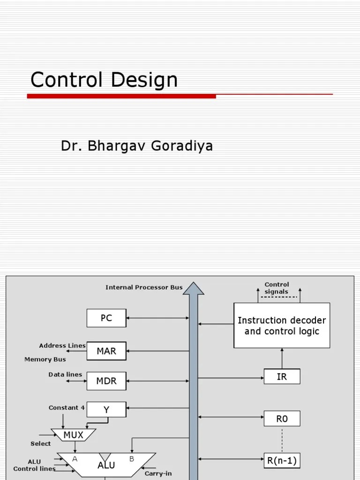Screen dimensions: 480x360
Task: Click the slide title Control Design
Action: (x=104, y=80)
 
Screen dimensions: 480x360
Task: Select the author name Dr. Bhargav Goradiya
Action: (x=136, y=146)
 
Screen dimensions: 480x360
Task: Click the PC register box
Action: (x=106, y=318)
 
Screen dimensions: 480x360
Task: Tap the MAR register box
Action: (x=106, y=351)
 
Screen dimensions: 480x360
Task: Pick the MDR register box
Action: (x=106, y=381)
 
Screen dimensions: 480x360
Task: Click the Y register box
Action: (x=106, y=410)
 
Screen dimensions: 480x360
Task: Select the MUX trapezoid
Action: (x=73, y=435)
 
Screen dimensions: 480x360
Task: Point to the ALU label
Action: (x=106, y=465)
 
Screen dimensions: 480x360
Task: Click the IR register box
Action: (x=282, y=376)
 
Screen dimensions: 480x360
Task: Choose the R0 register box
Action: (x=282, y=419)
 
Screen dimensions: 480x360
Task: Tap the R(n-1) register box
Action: (x=282, y=461)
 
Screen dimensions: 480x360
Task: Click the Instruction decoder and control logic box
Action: (x=282, y=326)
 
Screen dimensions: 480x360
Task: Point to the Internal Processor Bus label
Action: (x=144, y=287)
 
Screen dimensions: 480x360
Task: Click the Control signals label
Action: (x=277, y=288)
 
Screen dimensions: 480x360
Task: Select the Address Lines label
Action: (x=62, y=345)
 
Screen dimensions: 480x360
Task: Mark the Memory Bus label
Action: (x=45, y=360)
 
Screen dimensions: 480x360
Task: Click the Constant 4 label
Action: (x=67, y=408)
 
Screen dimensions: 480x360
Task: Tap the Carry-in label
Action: (x=158, y=473)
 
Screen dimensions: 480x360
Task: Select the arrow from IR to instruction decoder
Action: (x=282, y=359)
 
